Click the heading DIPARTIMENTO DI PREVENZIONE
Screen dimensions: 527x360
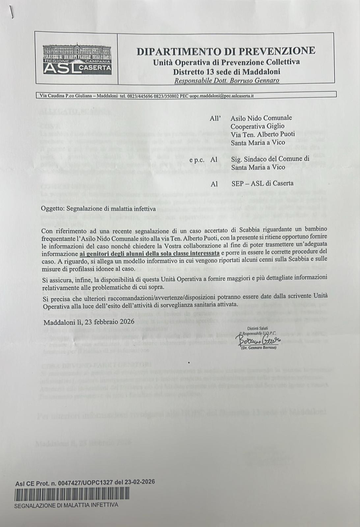[x=226, y=51]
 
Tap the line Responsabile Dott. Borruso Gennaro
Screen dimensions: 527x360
[x=227, y=80]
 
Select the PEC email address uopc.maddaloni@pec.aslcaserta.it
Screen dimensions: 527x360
[x=221, y=96]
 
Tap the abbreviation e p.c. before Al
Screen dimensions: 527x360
[x=197, y=159]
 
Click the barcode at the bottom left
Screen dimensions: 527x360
[x=72, y=494]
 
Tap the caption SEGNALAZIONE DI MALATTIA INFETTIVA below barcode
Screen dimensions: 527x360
[x=66, y=505]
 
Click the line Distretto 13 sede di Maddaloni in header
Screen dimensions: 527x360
[x=227, y=71]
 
